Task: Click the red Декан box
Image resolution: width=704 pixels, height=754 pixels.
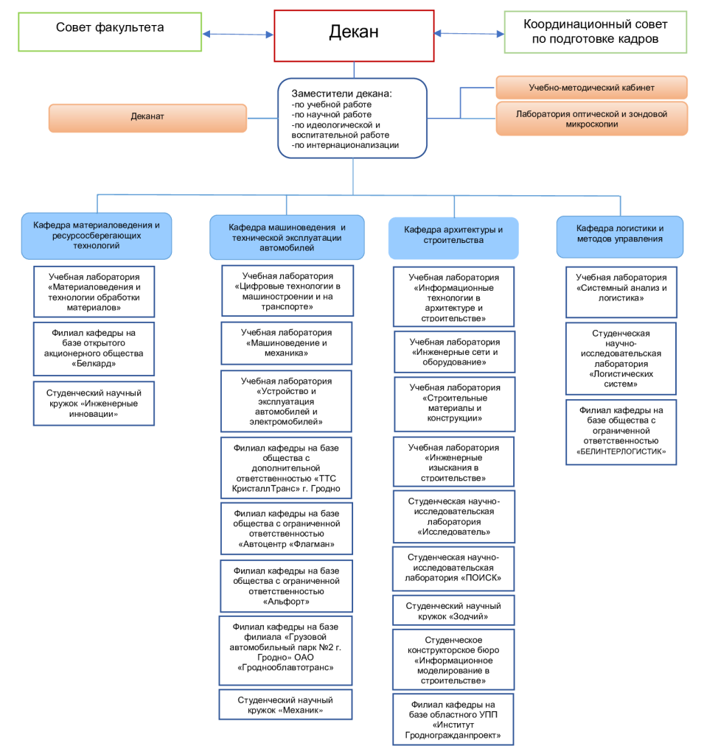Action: [x=354, y=36]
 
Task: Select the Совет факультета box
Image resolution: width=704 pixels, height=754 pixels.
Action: [x=110, y=32]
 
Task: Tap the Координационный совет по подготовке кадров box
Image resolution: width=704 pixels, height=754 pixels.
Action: [x=595, y=32]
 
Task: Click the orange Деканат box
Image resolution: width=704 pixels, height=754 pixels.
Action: [x=147, y=118]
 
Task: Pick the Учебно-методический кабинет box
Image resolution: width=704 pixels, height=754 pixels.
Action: [x=591, y=88]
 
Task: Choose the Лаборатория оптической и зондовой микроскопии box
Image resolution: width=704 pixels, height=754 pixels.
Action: [x=591, y=119]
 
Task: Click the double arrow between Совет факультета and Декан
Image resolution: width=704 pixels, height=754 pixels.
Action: [x=238, y=34]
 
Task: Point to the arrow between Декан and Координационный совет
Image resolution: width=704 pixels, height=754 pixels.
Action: [x=469, y=34]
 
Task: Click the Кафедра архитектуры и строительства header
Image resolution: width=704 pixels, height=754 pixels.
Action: [x=453, y=238]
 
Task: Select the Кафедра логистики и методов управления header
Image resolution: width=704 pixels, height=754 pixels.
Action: [x=620, y=236]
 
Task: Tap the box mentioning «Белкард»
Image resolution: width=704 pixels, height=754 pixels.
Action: [x=94, y=348]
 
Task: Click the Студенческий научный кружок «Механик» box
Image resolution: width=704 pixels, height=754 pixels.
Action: [x=285, y=705]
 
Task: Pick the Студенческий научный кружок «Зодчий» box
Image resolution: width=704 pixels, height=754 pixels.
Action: [x=453, y=610]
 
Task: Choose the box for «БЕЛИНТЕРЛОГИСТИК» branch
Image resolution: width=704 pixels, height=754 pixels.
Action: [x=621, y=432]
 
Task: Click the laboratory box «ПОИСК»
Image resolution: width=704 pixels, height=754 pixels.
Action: [x=453, y=568]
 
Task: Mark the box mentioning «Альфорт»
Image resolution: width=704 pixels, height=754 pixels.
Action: [x=286, y=585]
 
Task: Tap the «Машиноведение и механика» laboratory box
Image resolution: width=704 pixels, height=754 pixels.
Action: [x=287, y=343]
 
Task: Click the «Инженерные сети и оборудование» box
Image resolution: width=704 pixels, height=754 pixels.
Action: [x=455, y=352]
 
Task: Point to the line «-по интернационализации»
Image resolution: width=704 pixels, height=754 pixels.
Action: [x=345, y=145]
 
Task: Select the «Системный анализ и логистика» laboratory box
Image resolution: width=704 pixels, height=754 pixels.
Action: [x=621, y=292]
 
